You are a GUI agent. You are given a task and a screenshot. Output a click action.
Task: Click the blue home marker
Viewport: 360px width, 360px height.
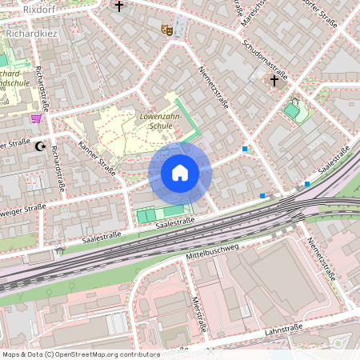pyautogui.click(x=180, y=172)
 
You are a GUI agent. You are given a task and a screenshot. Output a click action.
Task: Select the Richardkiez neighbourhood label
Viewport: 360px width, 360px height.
pyautogui.click(x=30, y=34)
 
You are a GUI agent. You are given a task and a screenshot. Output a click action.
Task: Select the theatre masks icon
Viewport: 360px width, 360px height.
pyautogui.click(x=167, y=30)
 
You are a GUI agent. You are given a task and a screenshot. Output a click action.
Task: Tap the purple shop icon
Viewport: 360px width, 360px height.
pyautogui.click(x=36, y=118)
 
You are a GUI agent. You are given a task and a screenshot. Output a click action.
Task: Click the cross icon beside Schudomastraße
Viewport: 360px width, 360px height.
pyautogui.click(x=274, y=80)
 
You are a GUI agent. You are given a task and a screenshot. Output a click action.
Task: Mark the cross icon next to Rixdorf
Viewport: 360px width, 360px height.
pyautogui.click(x=120, y=7)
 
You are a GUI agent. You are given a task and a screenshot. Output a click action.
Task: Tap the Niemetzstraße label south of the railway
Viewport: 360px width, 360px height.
pyautogui.click(x=319, y=256)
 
